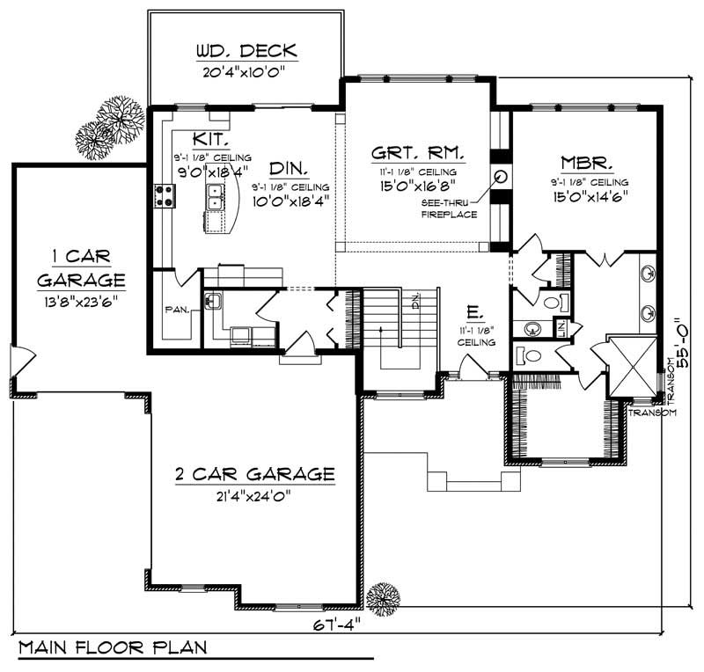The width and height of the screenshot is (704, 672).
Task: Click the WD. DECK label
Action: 246,50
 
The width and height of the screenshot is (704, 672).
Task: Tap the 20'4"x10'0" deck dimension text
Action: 246,72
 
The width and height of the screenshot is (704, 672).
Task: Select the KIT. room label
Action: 211,140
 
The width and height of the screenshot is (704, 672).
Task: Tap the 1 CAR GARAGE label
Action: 80,267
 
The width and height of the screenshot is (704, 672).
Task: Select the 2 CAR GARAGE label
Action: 254,474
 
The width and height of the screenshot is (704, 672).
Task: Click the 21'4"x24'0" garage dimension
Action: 254,495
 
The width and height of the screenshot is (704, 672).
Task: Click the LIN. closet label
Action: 560,327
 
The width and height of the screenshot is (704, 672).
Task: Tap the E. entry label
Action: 473,312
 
